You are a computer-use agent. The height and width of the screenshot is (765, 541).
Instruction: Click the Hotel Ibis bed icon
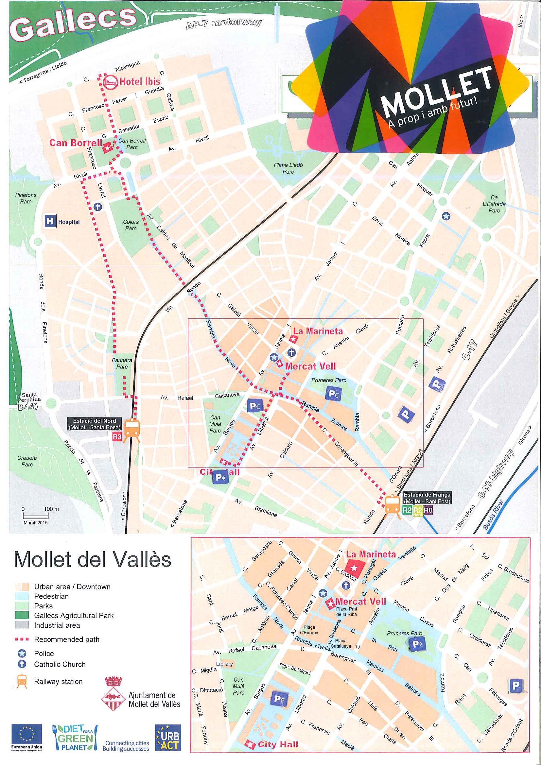pos(110,82)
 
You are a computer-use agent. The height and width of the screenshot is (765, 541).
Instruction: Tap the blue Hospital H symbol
pos(50,221)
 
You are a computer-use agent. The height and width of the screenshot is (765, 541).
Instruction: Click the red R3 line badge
pos(117,436)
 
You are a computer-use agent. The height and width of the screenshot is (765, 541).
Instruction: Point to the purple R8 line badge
pos(428,510)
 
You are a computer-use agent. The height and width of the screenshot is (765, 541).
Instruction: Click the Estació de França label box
pos(427,498)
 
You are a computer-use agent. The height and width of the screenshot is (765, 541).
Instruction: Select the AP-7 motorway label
pos(224,23)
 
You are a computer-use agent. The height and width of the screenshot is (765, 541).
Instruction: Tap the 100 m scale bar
pos(36,516)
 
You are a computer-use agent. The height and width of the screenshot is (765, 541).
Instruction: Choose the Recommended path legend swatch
pos(22,639)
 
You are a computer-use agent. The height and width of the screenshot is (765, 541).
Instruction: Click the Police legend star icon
pos(22,654)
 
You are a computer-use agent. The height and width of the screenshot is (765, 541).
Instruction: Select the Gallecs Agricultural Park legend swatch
pos(22,615)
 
